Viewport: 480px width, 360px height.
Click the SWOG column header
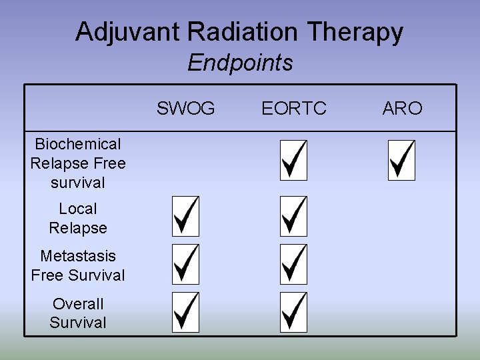pyautogui.click(x=186, y=108)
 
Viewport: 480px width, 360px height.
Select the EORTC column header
pyautogui.click(x=294, y=108)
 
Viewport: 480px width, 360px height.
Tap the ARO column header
pyautogui.click(x=402, y=108)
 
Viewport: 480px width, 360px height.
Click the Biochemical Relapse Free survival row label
pyautogui.click(x=78, y=163)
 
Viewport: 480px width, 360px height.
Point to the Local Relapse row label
pyautogui.click(x=78, y=219)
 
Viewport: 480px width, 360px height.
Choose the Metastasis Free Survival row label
pyautogui.click(x=78, y=265)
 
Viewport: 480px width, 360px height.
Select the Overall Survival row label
pyautogui.click(x=78, y=313)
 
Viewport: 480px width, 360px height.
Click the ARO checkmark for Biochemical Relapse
pyautogui.click(x=401, y=160)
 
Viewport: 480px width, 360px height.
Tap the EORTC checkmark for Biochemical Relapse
pyautogui.click(x=293, y=160)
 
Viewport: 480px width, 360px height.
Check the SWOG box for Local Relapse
pyautogui.click(x=185, y=216)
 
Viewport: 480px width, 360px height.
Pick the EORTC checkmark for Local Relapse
pyautogui.click(x=293, y=216)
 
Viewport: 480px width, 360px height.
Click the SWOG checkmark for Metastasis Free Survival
pyautogui.click(x=185, y=263)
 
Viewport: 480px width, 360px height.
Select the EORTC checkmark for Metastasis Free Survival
pyautogui.click(x=293, y=263)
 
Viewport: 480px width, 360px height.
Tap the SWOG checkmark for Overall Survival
pyautogui.click(x=185, y=312)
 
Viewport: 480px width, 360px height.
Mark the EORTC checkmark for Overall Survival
pyautogui.click(x=293, y=312)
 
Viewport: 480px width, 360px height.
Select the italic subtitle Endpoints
pyautogui.click(x=240, y=63)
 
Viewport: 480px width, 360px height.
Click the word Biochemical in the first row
pyautogui.click(x=78, y=144)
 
